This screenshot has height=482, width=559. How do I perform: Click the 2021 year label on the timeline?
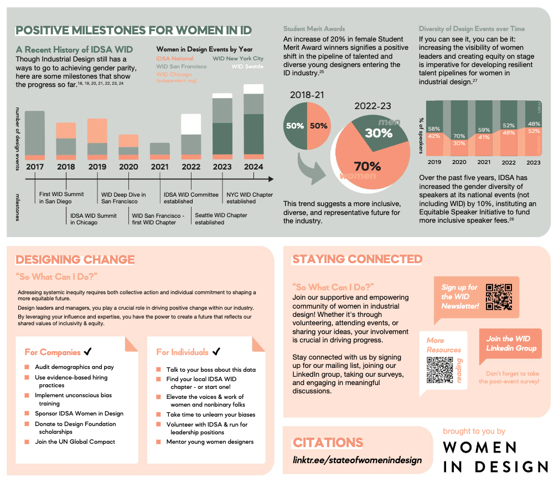160,166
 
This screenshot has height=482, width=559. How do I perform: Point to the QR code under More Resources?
440,370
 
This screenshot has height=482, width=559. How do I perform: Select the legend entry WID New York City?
238,58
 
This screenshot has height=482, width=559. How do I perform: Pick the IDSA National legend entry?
175,58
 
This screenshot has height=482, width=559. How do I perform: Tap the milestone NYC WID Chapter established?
249,198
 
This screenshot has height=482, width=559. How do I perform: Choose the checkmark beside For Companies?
88,352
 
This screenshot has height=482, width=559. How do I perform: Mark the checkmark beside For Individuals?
216,351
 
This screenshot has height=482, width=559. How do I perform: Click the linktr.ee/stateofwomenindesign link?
357,460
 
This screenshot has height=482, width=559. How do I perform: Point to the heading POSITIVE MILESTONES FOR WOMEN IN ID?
133,30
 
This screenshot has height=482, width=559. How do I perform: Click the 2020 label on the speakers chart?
459,162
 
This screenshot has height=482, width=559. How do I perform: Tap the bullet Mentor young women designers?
210,442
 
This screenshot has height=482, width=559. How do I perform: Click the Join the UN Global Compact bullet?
75,442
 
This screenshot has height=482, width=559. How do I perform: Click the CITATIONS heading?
328,443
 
